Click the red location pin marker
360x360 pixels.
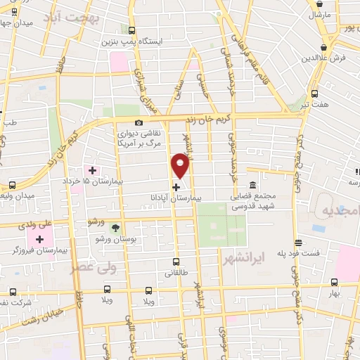click(180, 166)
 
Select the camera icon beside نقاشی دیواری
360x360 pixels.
click(139, 123)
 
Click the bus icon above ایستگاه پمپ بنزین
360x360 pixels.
click(133, 30)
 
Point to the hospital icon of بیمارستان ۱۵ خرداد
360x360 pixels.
click(92, 169)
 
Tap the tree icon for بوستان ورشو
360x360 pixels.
click(116, 227)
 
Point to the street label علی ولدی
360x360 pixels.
click(37, 225)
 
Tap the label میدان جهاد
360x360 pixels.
click(14, 22)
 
